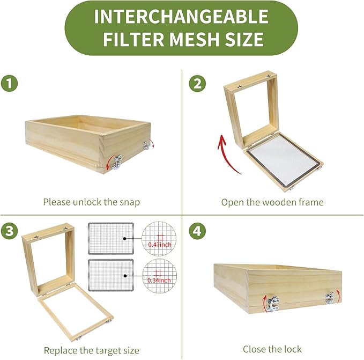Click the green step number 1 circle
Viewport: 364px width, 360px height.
pyautogui.click(x=9, y=83)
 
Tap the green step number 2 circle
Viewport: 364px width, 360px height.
pyautogui.click(x=197, y=83)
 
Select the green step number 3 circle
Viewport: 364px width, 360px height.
pyautogui.click(x=9, y=231)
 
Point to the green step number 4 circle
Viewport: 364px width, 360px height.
pyautogui.click(x=197, y=231)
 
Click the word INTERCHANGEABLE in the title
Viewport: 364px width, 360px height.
pyautogui.click(x=181, y=16)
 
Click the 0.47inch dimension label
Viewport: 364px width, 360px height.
pyautogui.click(x=160, y=244)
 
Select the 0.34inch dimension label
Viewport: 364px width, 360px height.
pyautogui.click(x=159, y=281)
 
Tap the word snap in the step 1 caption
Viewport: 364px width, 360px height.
pyautogui.click(x=130, y=202)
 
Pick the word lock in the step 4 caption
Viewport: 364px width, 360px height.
pyautogui.click(x=293, y=349)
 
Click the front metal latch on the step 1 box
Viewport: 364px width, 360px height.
pyautogui.click(x=117, y=162)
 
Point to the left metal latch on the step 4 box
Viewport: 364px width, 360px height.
pyautogui.click(x=272, y=303)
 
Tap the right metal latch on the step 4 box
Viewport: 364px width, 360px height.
pyautogui.click(x=329, y=298)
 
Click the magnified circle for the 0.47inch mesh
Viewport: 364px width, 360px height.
pyautogui.click(x=159, y=239)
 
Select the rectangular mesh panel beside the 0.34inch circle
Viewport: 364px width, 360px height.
pyautogui.click(x=111, y=275)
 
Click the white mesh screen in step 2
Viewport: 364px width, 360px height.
pyautogui.click(x=284, y=160)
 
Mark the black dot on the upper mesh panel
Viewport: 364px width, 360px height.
pyautogui.click(x=125, y=239)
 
